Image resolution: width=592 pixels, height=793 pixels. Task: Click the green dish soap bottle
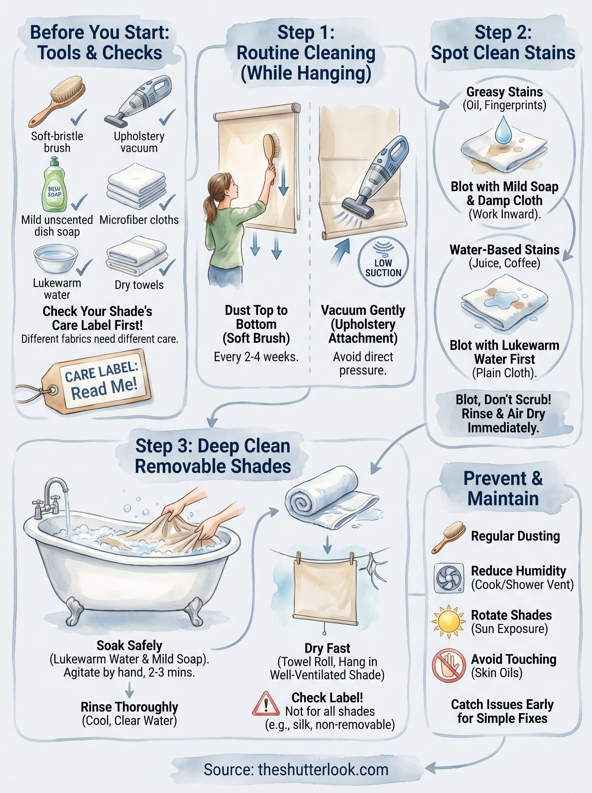tap(55, 186)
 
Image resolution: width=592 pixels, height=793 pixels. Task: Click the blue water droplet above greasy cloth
tap(503, 130)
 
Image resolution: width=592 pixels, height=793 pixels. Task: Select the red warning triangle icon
tap(266, 704)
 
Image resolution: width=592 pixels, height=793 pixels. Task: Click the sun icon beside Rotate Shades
tap(448, 622)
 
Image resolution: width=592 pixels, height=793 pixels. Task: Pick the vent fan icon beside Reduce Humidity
tap(448, 578)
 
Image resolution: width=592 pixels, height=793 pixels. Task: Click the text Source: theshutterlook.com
tap(296, 770)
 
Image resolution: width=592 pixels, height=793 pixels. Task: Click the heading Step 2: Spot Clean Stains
tap(503, 43)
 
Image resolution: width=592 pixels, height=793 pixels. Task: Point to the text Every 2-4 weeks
tap(256, 357)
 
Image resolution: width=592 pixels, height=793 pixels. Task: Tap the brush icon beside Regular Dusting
tap(448, 537)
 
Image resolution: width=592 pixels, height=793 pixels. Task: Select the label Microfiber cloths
tap(139, 220)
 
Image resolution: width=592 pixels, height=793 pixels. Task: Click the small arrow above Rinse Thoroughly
tap(129, 690)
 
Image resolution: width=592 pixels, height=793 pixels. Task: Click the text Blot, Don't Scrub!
tap(503, 399)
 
